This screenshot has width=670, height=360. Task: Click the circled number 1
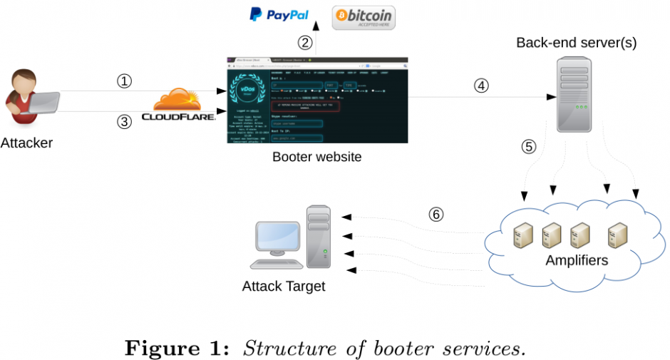coord(125,81)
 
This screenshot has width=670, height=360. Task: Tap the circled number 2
coord(305,42)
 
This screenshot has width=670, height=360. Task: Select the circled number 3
coord(125,121)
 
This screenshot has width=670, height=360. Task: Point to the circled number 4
coord(482,86)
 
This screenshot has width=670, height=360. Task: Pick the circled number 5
coord(528,147)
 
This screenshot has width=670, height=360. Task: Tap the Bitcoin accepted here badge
coord(364,17)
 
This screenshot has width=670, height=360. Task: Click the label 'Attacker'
coord(26,143)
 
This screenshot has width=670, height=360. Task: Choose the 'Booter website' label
coord(316,157)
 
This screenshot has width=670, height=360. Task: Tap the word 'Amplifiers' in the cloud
coord(577,260)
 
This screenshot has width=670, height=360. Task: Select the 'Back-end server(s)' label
coord(577,43)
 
